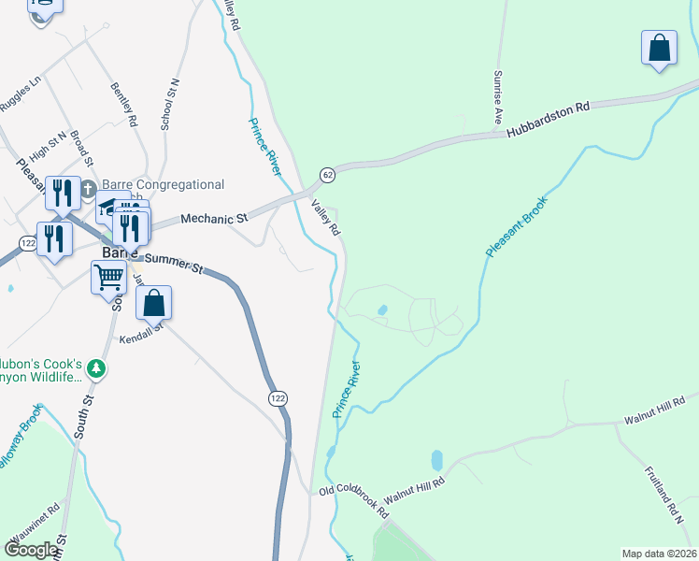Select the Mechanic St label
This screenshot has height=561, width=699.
[x=213, y=217]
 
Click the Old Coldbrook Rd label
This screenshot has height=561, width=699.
[x=354, y=500]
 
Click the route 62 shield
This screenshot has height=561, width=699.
[x=327, y=175]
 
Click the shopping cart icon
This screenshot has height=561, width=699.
[x=108, y=277]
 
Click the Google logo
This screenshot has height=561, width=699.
[x=31, y=550]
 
